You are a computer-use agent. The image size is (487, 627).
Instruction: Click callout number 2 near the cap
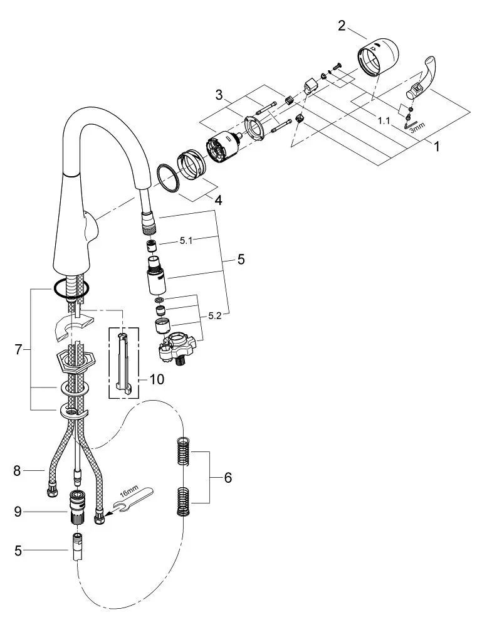click(341, 26)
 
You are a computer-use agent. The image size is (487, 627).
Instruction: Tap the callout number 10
click(156, 379)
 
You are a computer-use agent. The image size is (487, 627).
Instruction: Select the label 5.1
click(186, 241)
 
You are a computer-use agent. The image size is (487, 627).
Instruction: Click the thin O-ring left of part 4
click(167, 179)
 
